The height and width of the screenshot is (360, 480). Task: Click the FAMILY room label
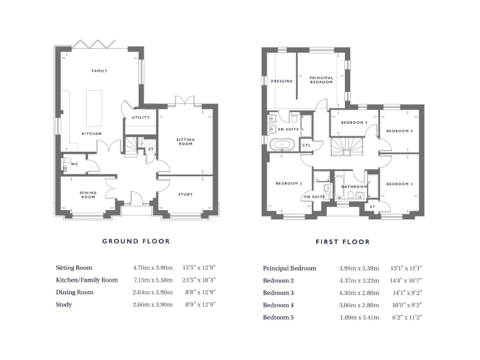99,71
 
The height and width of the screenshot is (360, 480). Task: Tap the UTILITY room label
139,117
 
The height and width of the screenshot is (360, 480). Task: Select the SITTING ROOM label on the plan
185,142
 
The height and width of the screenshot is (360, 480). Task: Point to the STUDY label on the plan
185,194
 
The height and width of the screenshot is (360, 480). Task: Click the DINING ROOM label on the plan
87,194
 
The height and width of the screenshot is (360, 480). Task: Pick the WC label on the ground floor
74,164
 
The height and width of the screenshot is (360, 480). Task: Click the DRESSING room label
281,81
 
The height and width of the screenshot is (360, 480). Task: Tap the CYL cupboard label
306,145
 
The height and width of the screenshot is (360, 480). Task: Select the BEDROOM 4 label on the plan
399,131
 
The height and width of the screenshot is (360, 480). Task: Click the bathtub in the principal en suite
283,145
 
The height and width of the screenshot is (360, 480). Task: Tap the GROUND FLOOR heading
136,241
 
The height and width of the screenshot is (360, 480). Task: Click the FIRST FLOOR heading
343,241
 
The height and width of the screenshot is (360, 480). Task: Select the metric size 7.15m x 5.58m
152,280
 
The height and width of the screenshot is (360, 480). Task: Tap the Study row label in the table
64,305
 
